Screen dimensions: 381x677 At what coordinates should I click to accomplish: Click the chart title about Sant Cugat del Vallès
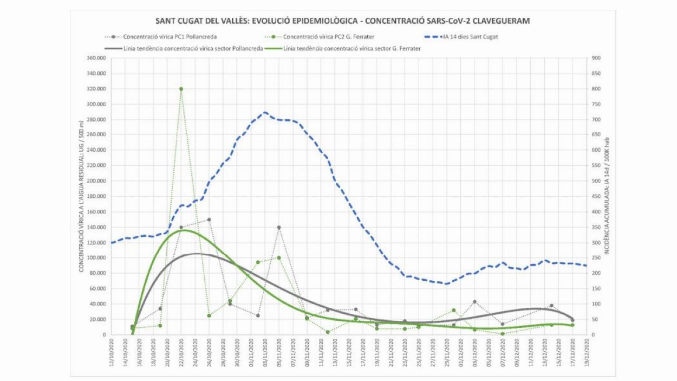(x=342, y=21)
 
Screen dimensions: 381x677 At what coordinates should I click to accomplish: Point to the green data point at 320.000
(x=181, y=89)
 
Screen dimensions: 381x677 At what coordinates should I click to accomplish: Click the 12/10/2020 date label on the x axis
(x=112, y=351)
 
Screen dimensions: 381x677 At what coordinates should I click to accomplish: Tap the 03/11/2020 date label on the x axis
(x=265, y=351)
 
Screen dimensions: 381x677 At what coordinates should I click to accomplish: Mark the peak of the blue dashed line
(x=265, y=113)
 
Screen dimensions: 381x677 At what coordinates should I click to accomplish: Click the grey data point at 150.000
(x=209, y=219)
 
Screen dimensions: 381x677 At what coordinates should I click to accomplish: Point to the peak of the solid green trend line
(x=183, y=230)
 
